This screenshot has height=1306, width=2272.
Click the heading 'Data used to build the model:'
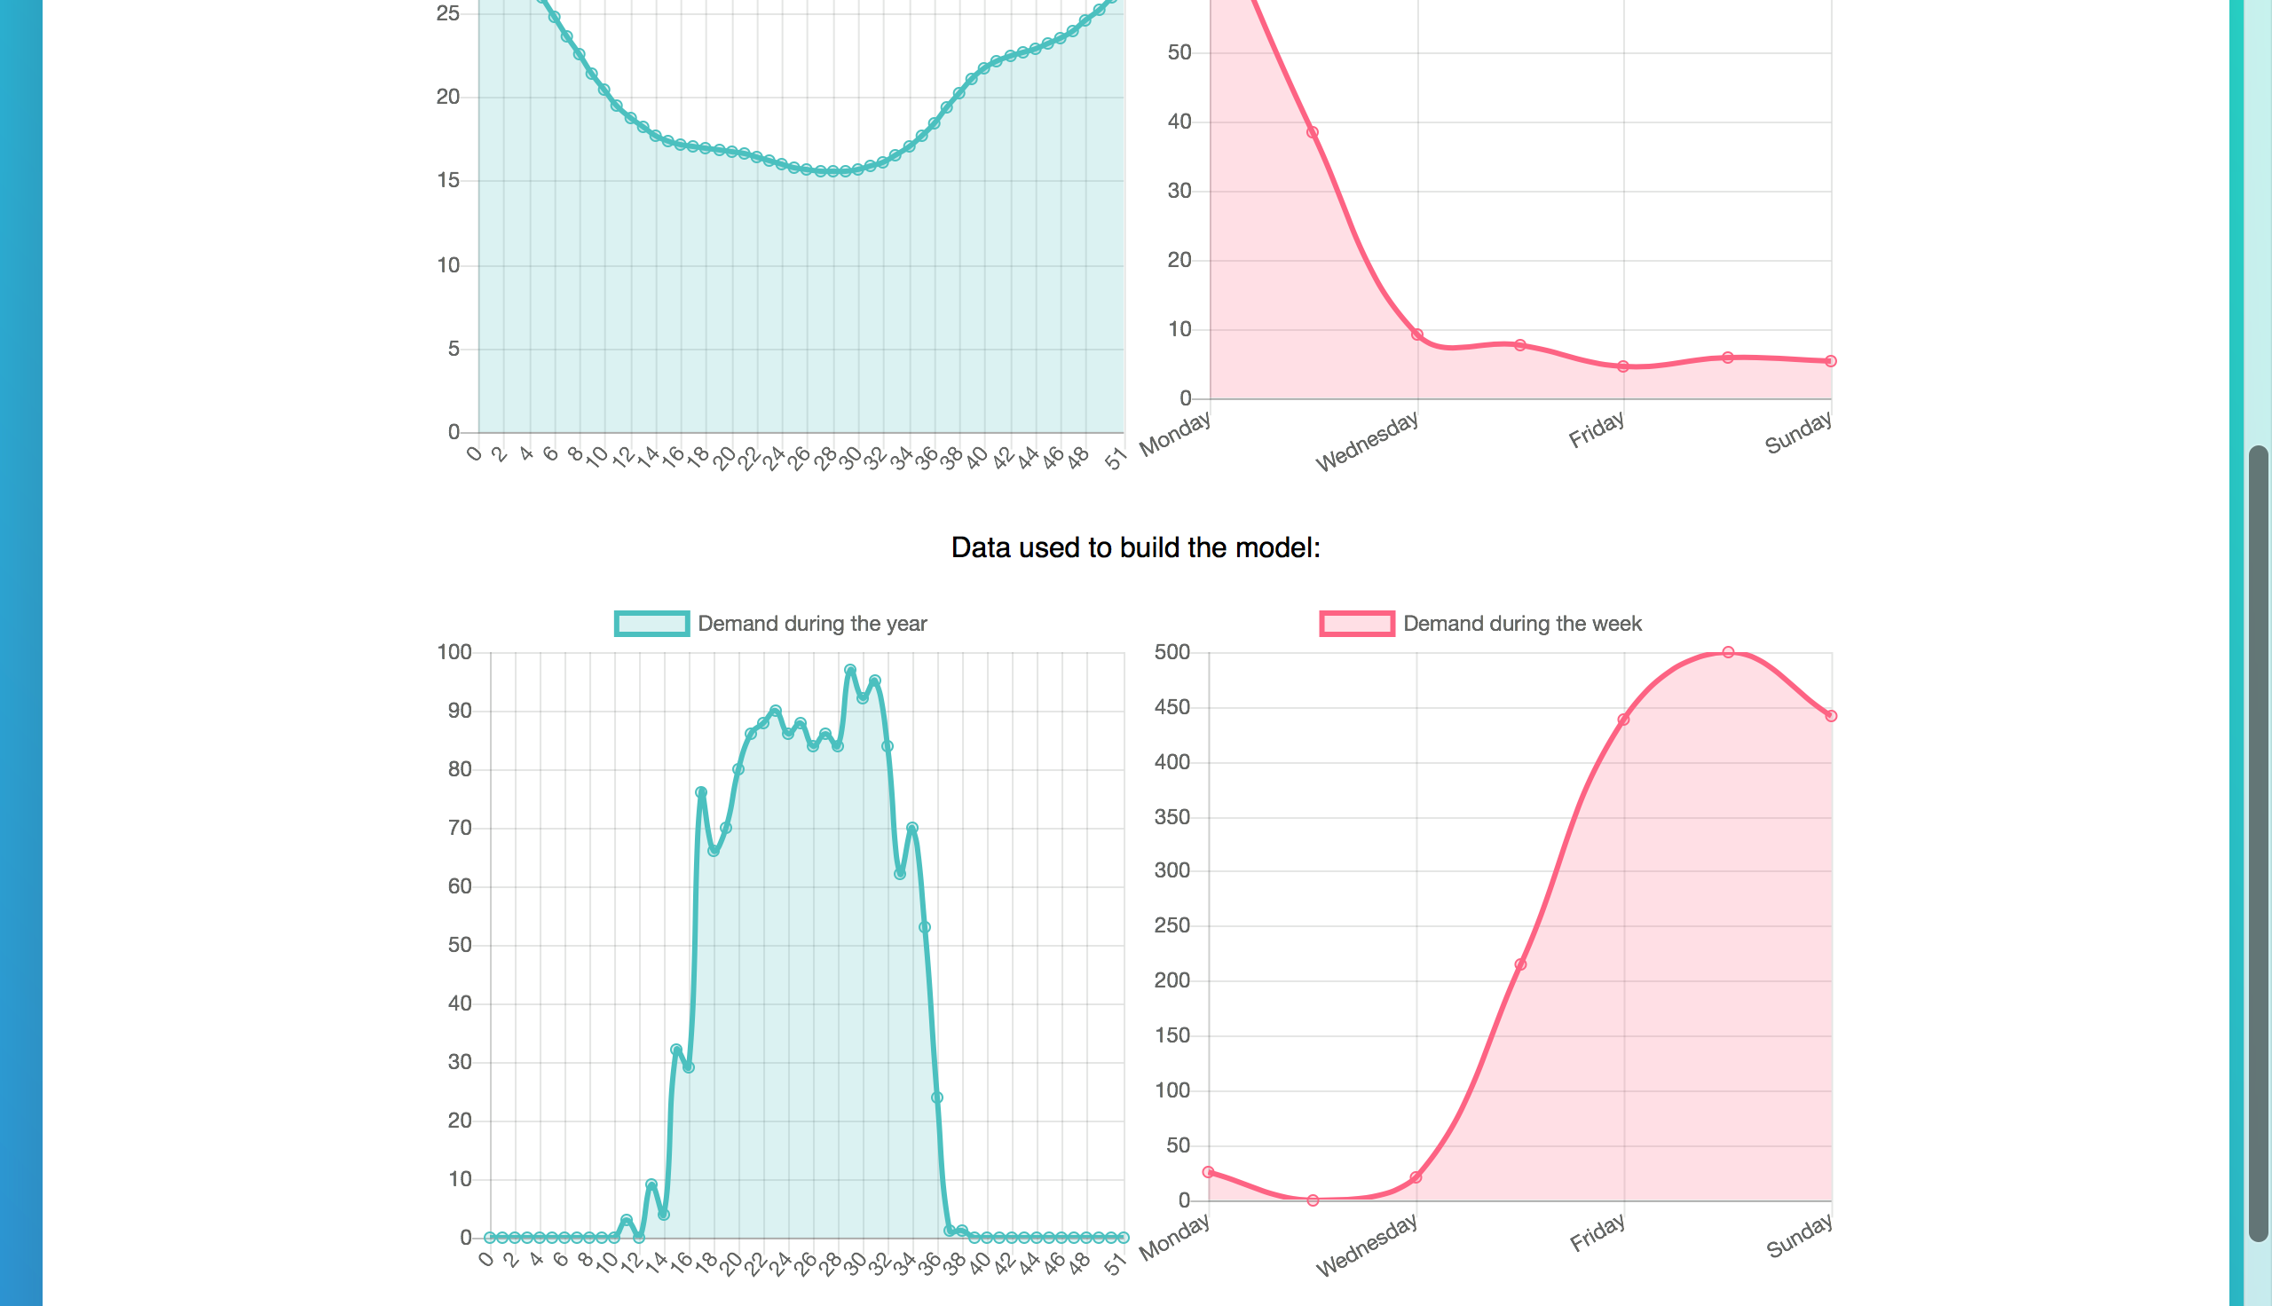[1135, 547]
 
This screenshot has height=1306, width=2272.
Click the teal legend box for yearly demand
[651, 624]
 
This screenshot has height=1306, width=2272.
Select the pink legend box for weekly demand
[1356, 624]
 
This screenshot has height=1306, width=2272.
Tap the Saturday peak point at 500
[1728, 652]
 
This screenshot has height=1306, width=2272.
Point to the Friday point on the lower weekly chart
[1622, 720]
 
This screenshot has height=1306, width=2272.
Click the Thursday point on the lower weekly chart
[1519, 964]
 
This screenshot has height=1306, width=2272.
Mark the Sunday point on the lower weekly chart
[1831, 716]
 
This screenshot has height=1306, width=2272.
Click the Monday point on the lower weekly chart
[1208, 1171]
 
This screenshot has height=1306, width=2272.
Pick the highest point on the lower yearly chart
[849, 670]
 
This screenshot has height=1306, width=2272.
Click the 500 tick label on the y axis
[1171, 652]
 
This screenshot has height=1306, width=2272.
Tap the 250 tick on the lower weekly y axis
[1171, 924]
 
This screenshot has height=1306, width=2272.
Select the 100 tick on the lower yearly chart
[454, 652]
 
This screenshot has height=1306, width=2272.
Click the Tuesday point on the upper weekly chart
[1313, 132]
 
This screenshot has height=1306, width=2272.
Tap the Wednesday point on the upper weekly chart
[1417, 334]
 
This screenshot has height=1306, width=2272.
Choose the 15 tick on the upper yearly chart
[447, 180]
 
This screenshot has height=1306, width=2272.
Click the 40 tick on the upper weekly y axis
[1179, 121]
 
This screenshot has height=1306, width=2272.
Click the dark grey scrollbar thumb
[2258, 843]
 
